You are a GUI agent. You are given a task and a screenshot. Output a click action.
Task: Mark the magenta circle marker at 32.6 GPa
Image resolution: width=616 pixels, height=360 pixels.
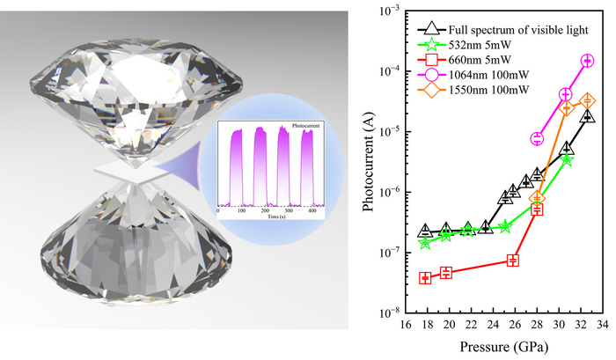coord(587,61)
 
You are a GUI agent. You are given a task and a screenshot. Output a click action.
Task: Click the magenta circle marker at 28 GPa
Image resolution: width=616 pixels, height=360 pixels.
coord(537,139)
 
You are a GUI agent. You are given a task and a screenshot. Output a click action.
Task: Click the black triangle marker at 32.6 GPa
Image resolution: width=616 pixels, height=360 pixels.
coord(587,114)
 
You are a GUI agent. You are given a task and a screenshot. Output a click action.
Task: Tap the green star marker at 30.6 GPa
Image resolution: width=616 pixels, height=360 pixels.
coord(567,159)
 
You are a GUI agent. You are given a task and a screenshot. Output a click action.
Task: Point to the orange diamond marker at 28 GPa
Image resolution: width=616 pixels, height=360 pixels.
coord(537,197)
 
